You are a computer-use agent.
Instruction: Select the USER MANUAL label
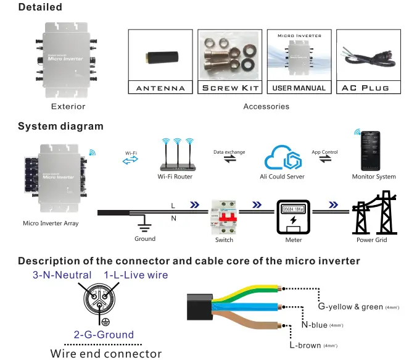click(x=299, y=88)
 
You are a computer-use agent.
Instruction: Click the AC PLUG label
click(x=366, y=88)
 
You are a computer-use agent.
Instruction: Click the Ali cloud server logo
click(x=283, y=157)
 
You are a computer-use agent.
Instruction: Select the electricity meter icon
click(x=294, y=218)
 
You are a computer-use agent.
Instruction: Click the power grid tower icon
click(x=372, y=214)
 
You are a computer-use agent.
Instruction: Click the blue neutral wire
click(x=247, y=307)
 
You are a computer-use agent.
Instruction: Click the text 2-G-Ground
click(x=104, y=334)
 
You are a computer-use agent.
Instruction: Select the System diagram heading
click(x=60, y=127)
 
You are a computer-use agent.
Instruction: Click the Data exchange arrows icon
click(x=229, y=160)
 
